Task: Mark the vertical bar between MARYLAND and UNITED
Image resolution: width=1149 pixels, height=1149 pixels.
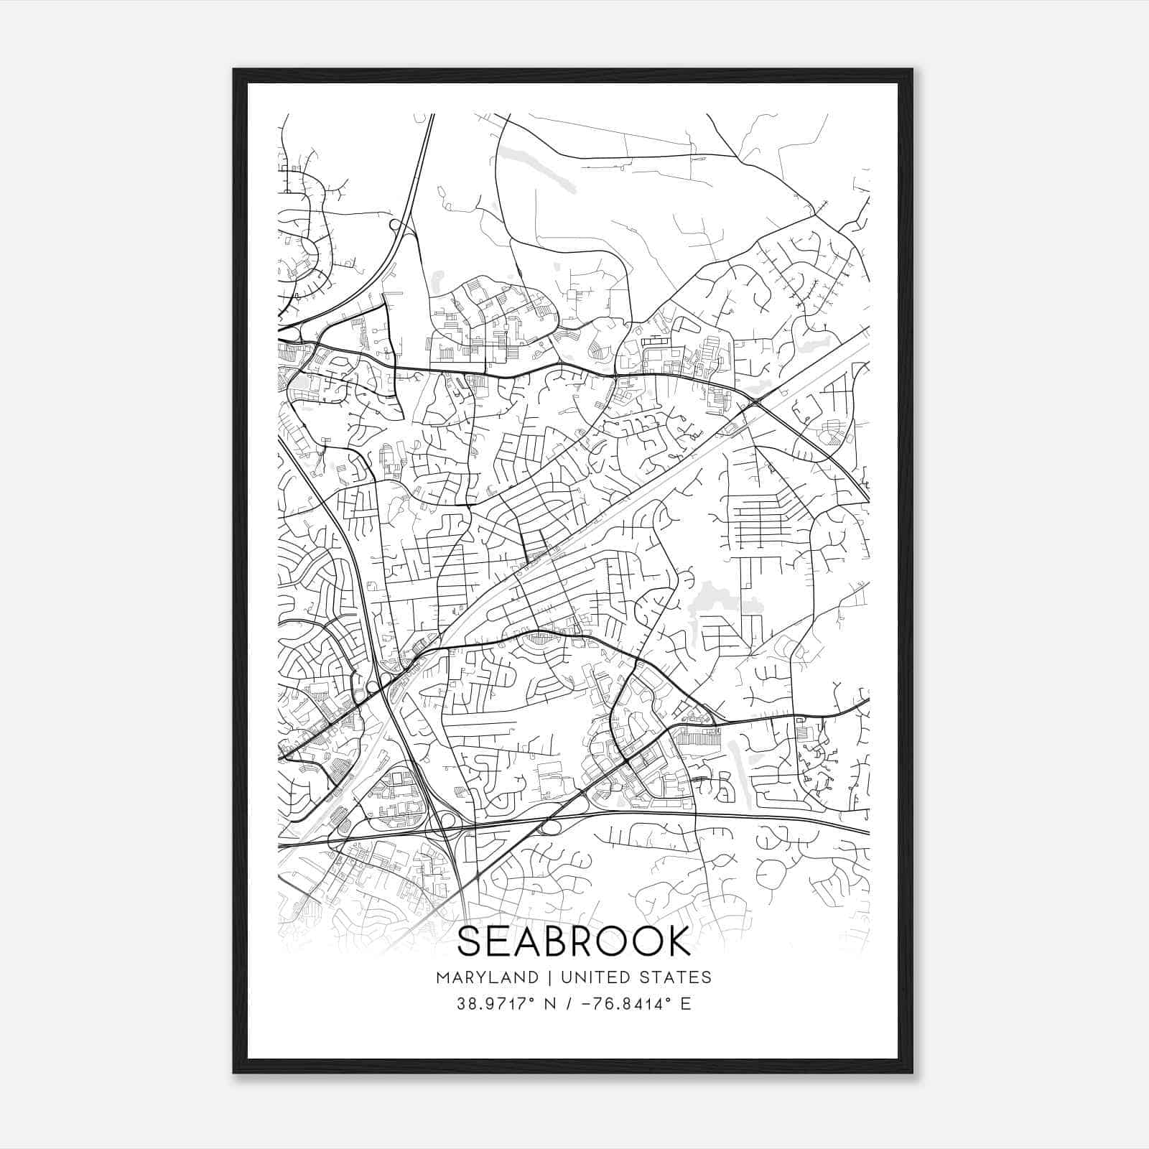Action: tap(549, 977)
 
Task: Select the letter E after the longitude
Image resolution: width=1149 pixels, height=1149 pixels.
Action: tap(686, 1004)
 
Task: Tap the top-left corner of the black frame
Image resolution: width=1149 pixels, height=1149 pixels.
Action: tap(234, 70)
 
